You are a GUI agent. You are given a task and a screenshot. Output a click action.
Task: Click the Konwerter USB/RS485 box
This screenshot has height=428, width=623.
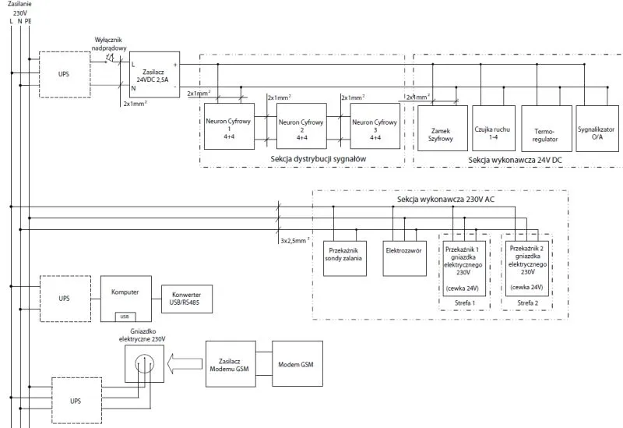[x=186, y=299]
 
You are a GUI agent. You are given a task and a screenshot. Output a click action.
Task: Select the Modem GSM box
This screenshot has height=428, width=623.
[x=297, y=363]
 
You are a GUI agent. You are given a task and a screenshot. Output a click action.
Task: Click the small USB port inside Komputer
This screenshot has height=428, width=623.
[x=125, y=316]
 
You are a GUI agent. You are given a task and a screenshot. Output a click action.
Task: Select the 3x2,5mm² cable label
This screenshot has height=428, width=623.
[x=295, y=241]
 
